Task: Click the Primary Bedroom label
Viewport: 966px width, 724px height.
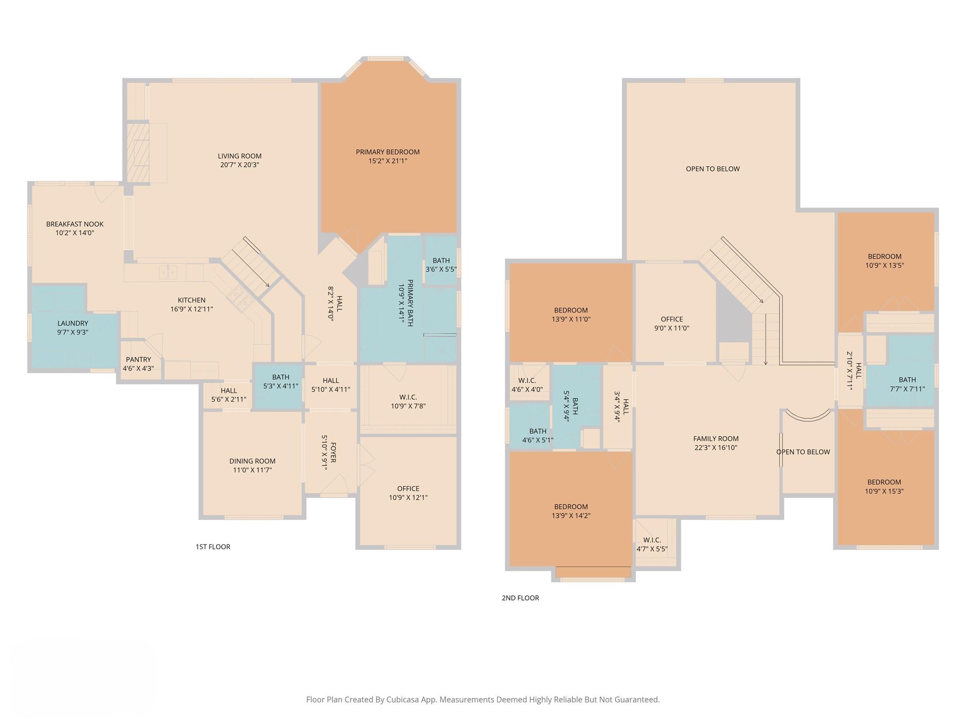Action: [x=387, y=152]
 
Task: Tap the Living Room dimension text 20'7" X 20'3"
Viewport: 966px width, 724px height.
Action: [x=240, y=165]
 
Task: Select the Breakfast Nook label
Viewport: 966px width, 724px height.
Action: [x=75, y=224]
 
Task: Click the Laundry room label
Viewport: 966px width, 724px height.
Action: [x=73, y=323]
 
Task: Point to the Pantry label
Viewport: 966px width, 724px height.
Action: [x=138, y=360]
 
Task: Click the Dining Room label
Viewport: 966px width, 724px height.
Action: [x=252, y=461]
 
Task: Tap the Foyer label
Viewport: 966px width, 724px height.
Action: [x=333, y=452]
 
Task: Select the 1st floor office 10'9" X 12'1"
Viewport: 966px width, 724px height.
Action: [x=408, y=493]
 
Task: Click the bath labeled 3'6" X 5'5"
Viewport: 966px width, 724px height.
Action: [x=441, y=265]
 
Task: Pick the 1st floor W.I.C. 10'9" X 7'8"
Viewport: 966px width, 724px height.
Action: [x=408, y=402]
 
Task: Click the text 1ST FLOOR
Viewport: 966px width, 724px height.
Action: [x=213, y=547]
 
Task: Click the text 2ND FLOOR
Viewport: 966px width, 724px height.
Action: [x=520, y=598]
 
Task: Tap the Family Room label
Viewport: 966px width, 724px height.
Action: [x=716, y=439]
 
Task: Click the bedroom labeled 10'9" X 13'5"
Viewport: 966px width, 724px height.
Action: [x=884, y=261]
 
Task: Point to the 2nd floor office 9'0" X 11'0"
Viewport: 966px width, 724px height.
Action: [x=672, y=324]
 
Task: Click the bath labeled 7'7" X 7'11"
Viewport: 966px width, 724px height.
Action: [x=907, y=384]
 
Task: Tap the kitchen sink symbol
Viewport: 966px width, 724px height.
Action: [x=168, y=272]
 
